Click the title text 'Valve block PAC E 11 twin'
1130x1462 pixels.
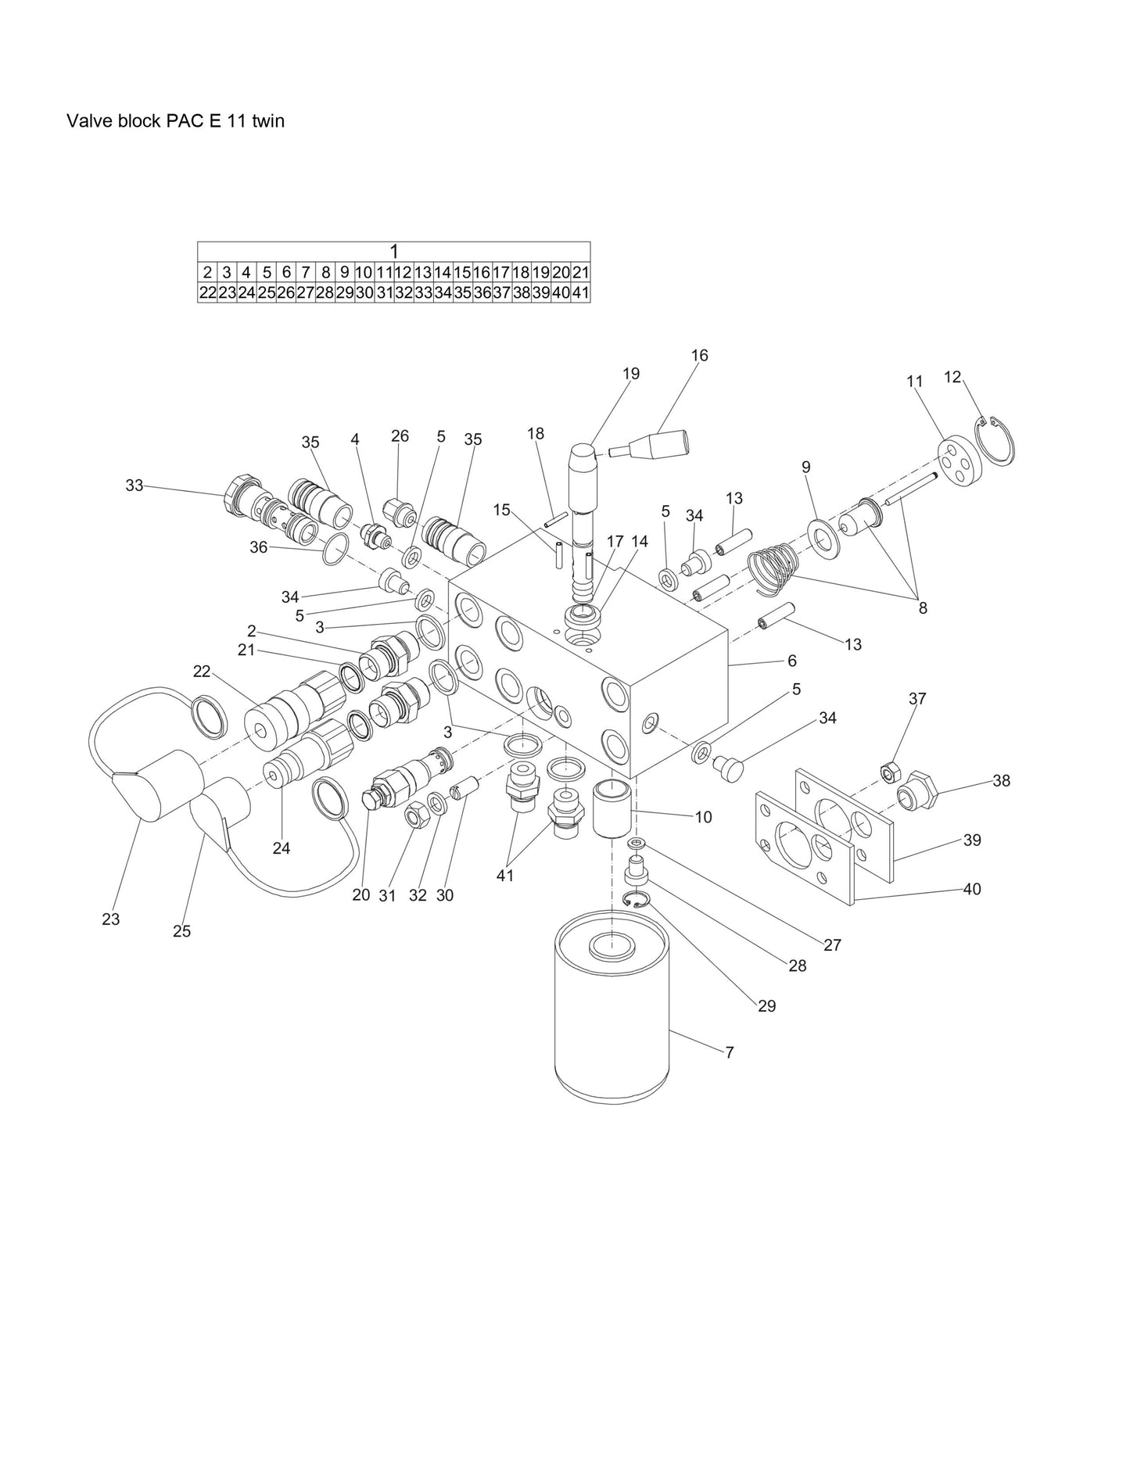click(x=175, y=121)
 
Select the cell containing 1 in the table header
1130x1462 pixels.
click(x=393, y=252)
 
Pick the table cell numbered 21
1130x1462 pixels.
click(x=580, y=273)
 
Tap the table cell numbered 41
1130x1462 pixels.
click(x=580, y=293)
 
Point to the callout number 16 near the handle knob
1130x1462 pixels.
click(x=699, y=356)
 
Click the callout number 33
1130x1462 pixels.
click(x=135, y=486)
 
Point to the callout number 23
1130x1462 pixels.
click(x=111, y=919)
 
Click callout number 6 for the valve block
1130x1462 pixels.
click(x=792, y=661)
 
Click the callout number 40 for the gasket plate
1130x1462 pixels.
click(x=971, y=890)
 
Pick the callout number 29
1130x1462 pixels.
click(x=766, y=1006)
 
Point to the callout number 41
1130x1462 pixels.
click(x=505, y=876)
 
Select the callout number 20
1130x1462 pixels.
click(x=361, y=896)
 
